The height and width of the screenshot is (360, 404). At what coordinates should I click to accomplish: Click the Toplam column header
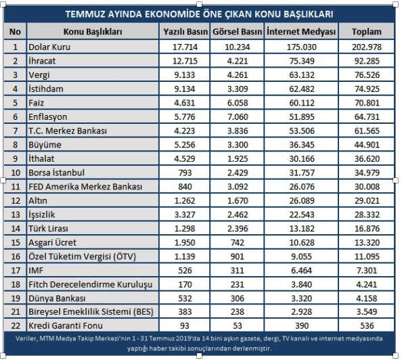pos(366,32)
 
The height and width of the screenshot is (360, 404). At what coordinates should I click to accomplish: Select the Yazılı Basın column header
pos(185,32)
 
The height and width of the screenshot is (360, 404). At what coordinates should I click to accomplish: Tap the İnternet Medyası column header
pos(301,32)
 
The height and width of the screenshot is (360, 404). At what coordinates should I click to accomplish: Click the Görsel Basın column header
pos(237,32)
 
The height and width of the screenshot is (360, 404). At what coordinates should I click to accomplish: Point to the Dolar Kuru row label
pos(49,47)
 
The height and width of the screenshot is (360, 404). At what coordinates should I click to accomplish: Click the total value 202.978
pos(367,47)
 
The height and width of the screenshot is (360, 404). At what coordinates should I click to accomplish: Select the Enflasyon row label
pos(47,117)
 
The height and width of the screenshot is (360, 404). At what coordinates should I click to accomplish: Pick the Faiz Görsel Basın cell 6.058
pos(238,103)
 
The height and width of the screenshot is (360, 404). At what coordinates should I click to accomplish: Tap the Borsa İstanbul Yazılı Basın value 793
pos(185,173)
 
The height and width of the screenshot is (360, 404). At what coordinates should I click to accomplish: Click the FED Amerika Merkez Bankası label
pos(85,186)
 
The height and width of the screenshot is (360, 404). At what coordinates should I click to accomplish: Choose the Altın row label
pos(38,200)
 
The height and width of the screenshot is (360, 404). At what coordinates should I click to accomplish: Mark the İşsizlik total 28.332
pos(367,215)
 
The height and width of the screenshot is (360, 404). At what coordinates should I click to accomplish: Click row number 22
pos(16,325)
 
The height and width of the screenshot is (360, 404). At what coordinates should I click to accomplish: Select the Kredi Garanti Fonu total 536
pos(367,325)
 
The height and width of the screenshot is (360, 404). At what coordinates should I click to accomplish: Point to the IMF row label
pos(36,270)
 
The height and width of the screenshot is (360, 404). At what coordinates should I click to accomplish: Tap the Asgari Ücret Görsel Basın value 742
pos(237,242)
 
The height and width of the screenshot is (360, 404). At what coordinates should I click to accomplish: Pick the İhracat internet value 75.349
pos(301,61)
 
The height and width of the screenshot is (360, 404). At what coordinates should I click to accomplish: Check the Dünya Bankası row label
pos(57,298)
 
